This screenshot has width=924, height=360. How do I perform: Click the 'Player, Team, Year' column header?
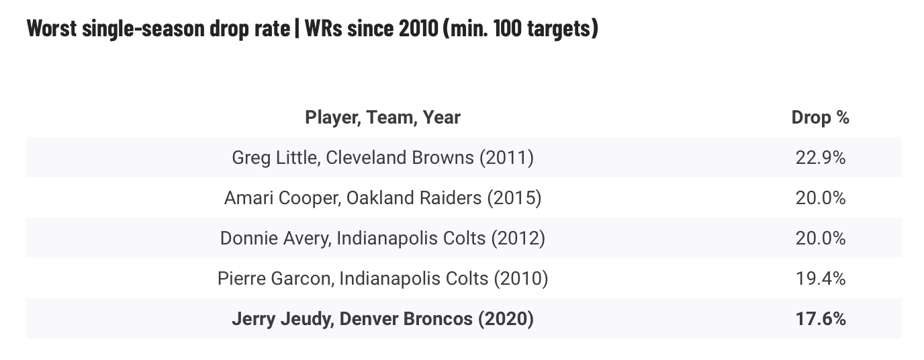coord(383,118)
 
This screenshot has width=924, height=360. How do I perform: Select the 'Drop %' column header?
coord(820,118)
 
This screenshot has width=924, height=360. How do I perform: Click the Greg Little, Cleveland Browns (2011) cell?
coord(383,158)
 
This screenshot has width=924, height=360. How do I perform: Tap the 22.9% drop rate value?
coord(819,158)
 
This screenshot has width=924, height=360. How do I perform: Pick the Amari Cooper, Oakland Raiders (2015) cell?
coord(383,198)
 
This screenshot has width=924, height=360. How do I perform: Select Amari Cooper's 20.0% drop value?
coord(819,198)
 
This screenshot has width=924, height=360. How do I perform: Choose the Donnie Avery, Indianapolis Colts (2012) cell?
coord(383,238)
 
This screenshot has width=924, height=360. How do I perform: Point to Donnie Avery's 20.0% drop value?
coord(819,238)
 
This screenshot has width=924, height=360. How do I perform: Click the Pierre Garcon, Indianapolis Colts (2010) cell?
coord(383,278)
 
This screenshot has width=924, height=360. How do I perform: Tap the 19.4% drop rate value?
coord(819,278)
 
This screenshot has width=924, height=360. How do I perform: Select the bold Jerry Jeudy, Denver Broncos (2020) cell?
coord(383,318)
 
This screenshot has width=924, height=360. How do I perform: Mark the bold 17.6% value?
coord(819,318)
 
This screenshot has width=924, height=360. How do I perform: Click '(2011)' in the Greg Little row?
coord(506,158)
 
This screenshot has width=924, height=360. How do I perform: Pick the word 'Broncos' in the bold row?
coord(440,318)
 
